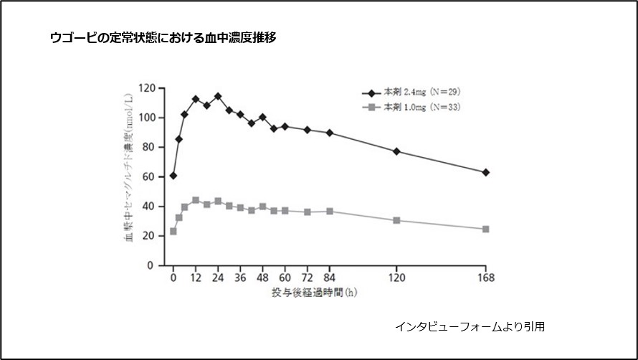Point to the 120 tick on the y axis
(x=146, y=88)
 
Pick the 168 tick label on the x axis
(x=486, y=278)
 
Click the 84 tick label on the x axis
(x=330, y=278)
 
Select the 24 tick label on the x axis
(x=218, y=278)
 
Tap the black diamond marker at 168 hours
(x=486, y=172)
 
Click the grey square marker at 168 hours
(x=486, y=229)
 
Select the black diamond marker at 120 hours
(x=396, y=151)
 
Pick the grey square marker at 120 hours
(x=396, y=220)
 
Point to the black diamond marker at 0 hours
(x=173, y=175)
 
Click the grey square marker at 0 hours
(x=173, y=232)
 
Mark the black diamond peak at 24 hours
(x=218, y=96)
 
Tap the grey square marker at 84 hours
(x=330, y=211)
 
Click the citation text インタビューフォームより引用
(x=470, y=326)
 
